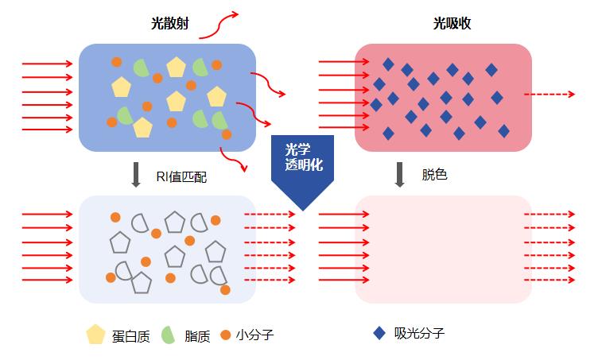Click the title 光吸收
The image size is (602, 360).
tap(452, 25)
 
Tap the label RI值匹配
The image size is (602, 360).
tap(182, 176)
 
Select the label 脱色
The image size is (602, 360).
tap(434, 175)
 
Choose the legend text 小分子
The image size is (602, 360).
tap(254, 335)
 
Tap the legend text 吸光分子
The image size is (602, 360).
tap(419, 333)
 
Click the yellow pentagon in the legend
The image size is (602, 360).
tap(96, 335)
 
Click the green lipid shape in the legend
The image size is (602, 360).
tap(169, 335)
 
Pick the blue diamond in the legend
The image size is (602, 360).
tap(380, 333)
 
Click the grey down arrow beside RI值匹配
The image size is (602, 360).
tap(136, 175)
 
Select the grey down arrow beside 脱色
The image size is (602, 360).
tap(400, 175)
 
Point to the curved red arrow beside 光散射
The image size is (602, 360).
tap(217, 26)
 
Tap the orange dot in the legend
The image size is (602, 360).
tap(227, 335)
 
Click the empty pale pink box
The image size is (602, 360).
tap(443, 249)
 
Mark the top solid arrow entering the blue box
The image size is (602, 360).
tap(49, 63)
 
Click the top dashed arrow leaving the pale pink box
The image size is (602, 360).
tap(549, 215)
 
